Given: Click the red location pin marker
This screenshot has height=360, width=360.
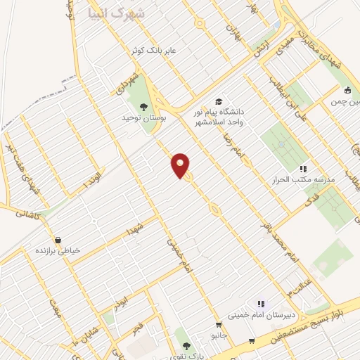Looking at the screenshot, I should (181, 165).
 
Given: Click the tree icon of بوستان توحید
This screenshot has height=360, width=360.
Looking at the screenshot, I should (144, 107).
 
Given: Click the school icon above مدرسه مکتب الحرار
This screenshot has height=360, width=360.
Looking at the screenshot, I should (303, 169).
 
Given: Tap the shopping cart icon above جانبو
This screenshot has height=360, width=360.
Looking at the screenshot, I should (219, 325).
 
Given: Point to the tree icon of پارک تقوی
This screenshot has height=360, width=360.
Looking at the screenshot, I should (186, 346).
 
